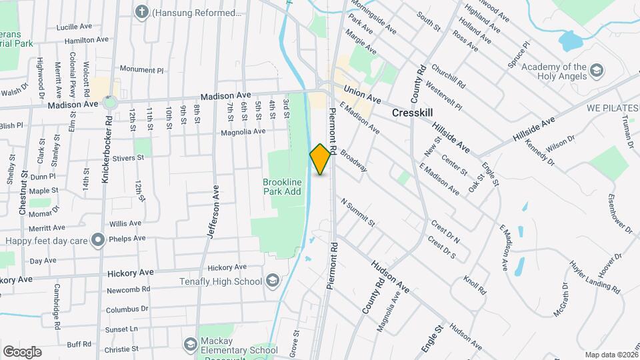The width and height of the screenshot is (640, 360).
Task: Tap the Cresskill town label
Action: click(x=413, y=113)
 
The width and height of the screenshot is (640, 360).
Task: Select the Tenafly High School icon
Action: click(x=272, y=281)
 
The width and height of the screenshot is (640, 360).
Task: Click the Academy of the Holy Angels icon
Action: click(x=597, y=70)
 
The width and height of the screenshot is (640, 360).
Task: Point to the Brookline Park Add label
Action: click(x=282, y=187)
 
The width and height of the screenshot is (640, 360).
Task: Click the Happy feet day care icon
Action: click(x=99, y=239)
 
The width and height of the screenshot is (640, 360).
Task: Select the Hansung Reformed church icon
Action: click(x=142, y=12)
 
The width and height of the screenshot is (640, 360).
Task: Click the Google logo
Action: click(x=22, y=351)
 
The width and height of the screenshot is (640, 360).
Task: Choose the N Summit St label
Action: click(x=358, y=211)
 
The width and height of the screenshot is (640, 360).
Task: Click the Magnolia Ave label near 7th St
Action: click(x=243, y=131)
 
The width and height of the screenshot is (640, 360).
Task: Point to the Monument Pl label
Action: click(x=141, y=69)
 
